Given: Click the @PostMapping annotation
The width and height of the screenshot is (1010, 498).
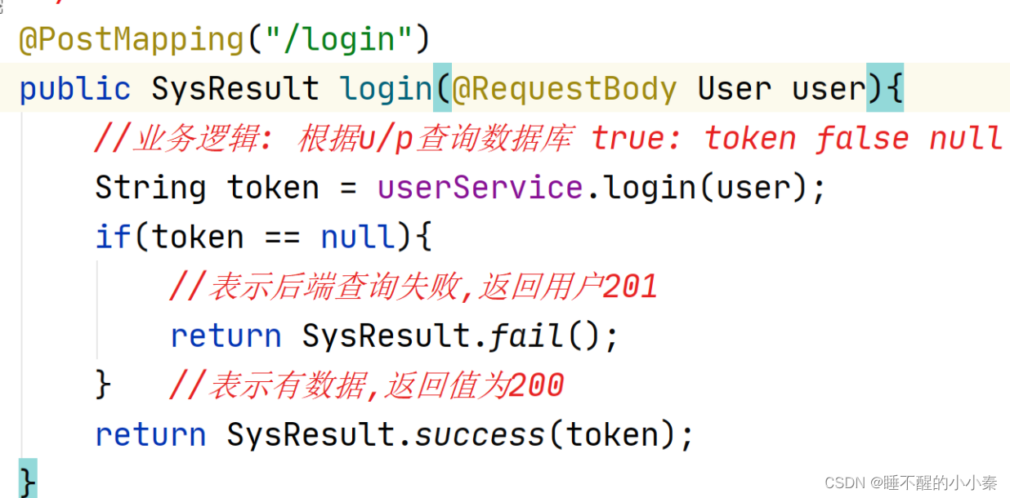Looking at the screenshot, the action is (131, 40).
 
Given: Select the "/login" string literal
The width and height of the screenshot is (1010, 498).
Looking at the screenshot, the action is (334, 40).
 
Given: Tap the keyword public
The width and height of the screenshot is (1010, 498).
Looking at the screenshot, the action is (74, 89).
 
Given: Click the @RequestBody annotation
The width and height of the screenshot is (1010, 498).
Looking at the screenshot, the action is (565, 89).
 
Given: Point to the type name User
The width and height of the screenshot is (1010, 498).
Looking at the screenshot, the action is (734, 89).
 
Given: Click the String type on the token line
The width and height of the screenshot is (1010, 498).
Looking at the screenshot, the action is (150, 188).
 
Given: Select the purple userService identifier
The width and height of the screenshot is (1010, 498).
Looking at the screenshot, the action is (480, 188).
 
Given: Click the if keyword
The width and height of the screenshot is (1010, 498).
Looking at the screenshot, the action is (113, 238).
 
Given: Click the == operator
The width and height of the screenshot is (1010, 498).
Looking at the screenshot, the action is (282, 238).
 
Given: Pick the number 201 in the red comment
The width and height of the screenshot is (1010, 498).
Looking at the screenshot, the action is (630, 287).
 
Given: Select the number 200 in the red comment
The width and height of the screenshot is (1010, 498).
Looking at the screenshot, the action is (536, 385).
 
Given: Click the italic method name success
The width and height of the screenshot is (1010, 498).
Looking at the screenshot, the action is (480, 434).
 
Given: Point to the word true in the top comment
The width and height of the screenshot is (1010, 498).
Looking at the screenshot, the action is (629, 139).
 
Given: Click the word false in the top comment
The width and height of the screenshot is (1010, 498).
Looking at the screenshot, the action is (861, 139).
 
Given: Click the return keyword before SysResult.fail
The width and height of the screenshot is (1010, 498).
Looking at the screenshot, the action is (226, 336).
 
